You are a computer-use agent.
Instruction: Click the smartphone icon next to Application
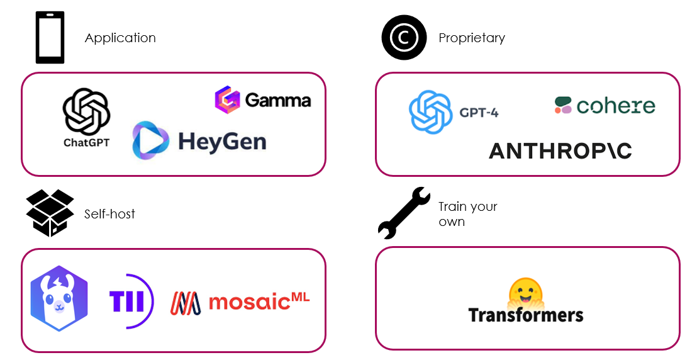pos(50,38)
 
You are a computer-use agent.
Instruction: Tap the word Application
pos(120,38)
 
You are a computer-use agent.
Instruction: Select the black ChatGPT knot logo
pos(87,111)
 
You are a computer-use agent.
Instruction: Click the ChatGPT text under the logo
pos(87,143)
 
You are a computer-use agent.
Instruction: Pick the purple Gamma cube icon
pos(226,100)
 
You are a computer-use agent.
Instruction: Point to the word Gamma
pos(277,101)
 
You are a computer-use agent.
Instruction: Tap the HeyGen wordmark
pos(222,140)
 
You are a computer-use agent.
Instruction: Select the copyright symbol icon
pos(404,38)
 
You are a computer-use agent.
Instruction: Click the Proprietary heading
pos(472,38)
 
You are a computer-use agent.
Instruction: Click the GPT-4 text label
pos(479,113)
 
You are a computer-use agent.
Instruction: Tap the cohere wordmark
pos(615,106)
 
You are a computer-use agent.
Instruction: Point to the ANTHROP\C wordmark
pos(560,151)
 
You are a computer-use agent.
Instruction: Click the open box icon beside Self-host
pos(50,213)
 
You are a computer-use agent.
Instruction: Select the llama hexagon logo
pos(59,298)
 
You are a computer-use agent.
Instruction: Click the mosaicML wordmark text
pos(259,302)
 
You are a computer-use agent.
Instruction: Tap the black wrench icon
pos(403,213)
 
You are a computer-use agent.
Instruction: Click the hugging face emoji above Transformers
pos(525,291)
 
